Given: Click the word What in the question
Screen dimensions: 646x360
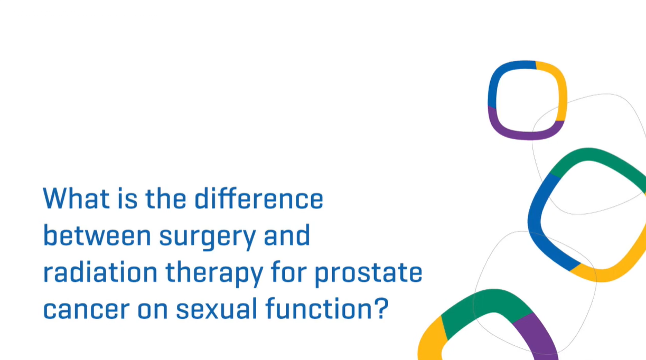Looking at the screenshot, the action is pos(77,198).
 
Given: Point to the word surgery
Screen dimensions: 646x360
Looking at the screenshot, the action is pos(208,239).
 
